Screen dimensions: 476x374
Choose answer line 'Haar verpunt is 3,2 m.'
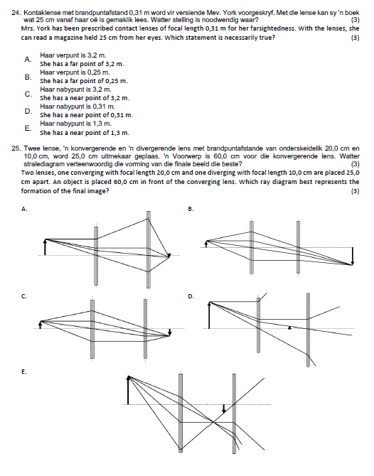tap(75, 55)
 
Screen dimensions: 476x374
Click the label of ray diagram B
tap(190, 209)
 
